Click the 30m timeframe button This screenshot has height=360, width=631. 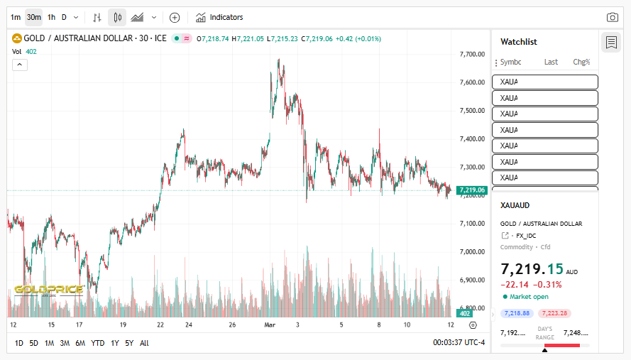pyautogui.click(x=33, y=17)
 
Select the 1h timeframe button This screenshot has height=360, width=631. pyautogui.click(x=51, y=17)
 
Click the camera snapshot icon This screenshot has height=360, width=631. pyautogui.click(x=612, y=17)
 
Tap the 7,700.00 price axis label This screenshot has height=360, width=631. pyautogui.click(x=472, y=54)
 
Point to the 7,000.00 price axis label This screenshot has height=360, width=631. pyautogui.click(x=472, y=252)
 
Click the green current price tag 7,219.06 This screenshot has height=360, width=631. pyautogui.click(x=472, y=190)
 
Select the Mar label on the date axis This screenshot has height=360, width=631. pyautogui.click(x=270, y=324)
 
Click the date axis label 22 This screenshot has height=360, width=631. pyautogui.click(x=161, y=324)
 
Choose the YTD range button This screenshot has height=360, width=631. pyautogui.click(x=98, y=343)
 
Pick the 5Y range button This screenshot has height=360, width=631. pyautogui.click(x=129, y=343)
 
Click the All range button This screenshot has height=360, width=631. pyautogui.click(x=144, y=343)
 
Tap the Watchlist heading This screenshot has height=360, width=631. pyautogui.click(x=519, y=42)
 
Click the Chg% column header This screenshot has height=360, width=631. pyautogui.click(x=581, y=62)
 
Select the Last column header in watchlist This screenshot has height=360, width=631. pyautogui.click(x=551, y=62)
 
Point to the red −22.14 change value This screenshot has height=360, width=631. pyautogui.click(x=515, y=285)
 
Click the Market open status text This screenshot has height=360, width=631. pyautogui.click(x=529, y=296)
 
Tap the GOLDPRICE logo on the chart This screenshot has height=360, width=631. pyautogui.click(x=48, y=290)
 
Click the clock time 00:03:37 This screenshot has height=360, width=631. pyautogui.click(x=449, y=343)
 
